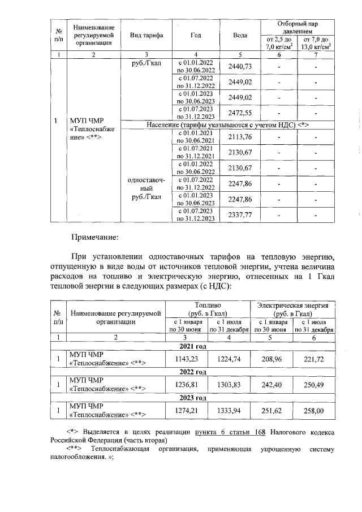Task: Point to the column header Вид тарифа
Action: pos(146,35)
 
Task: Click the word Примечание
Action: pos(94,238)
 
